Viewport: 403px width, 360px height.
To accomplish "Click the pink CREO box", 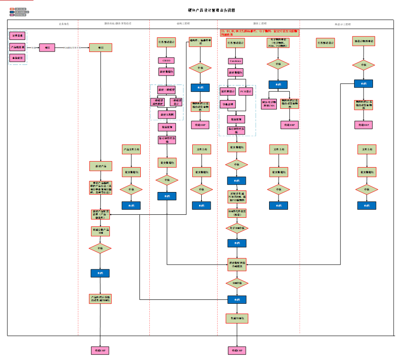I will click(x=166, y=61).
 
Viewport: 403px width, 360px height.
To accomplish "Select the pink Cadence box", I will click(x=236, y=61).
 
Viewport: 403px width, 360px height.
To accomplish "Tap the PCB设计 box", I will click(x=246, y=92).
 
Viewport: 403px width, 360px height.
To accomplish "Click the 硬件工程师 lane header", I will click(x=260, y=24).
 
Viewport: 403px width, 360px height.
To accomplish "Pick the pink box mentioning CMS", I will click(x=269, y=104).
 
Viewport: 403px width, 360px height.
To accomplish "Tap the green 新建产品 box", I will click(x=100, y=166).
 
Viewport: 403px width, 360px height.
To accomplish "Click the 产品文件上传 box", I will click(x=131, y=149).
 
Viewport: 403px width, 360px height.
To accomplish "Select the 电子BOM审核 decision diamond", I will click(x=237, y=228).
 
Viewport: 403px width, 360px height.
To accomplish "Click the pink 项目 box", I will click(x=47, y=48).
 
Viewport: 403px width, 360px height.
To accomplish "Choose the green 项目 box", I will click(x=100, y=48).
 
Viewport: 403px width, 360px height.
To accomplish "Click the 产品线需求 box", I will click(x=18, y=46).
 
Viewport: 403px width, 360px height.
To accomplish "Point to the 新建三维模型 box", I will click(x=167, y=90).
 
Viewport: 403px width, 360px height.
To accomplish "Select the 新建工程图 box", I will click(x=167, y=114).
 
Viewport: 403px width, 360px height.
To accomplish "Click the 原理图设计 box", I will click(x=227, y=92).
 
